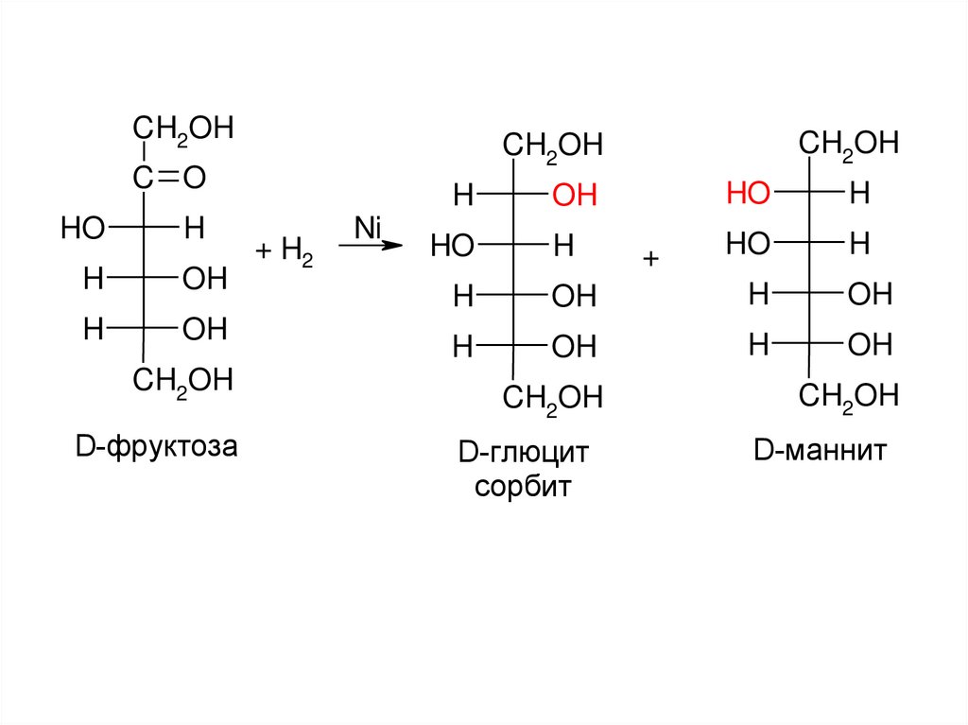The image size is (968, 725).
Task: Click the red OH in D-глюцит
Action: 575,197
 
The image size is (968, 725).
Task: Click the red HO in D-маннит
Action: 748,195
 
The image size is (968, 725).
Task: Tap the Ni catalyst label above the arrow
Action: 367,227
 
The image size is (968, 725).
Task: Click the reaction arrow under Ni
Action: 371,246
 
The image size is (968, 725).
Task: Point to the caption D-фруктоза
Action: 157,444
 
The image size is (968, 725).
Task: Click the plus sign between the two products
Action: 650,259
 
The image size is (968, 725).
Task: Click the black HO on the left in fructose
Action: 81,228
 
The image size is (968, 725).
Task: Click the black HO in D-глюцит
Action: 452,248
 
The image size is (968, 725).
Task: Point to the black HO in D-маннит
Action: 748,245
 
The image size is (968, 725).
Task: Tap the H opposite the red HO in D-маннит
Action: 858,195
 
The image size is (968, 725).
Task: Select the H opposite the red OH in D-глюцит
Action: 462,197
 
